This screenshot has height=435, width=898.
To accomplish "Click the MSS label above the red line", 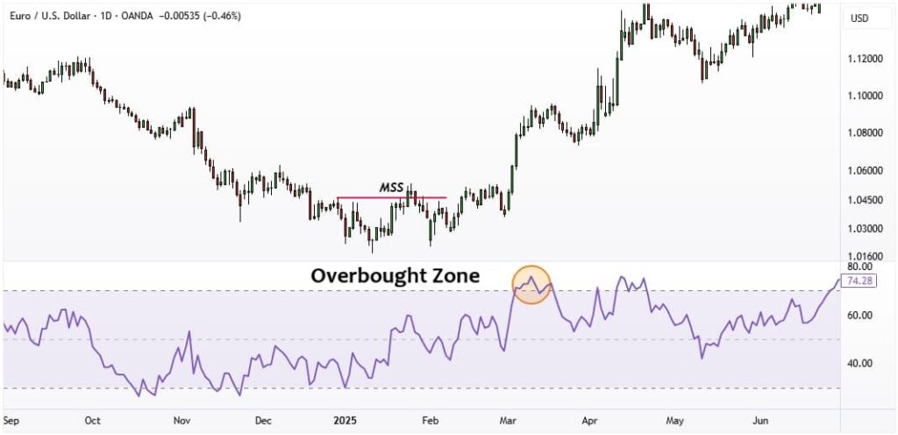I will point(391,188).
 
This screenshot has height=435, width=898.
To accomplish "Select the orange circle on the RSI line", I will point(531,285).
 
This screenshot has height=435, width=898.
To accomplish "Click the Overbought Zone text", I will point(396,275).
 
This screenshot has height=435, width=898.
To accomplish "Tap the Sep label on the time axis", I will point(11,420).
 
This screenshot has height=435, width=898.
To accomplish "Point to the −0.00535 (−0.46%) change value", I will point(200,16).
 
